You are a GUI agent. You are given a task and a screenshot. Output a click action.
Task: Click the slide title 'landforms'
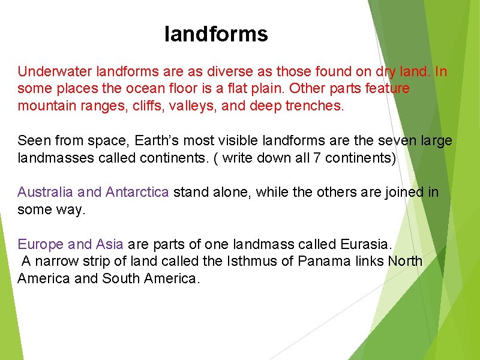216,34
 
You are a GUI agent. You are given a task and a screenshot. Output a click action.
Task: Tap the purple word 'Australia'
46,192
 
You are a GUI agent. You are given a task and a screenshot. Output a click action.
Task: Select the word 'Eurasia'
365,244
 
